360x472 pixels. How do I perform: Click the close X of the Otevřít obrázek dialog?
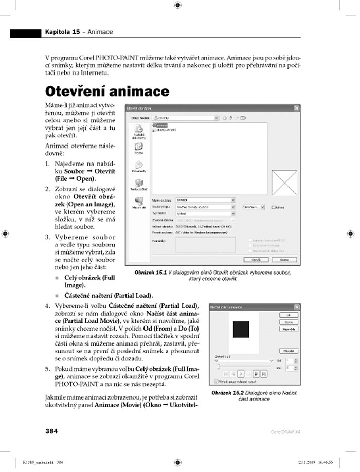point(296,107)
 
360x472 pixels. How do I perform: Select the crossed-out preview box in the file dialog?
point(284,184)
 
